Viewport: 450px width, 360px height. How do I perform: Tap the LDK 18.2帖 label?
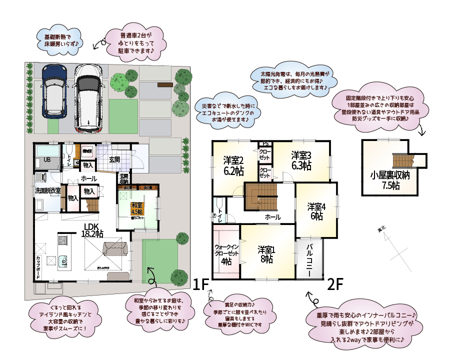tap(92, 229)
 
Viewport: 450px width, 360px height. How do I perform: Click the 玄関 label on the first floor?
tap(114, 160)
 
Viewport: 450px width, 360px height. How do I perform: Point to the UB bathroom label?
tap(47, 160)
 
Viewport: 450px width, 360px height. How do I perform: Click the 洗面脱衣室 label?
tap(47, 190)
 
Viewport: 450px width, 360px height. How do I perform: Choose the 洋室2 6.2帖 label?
tap(233, 165)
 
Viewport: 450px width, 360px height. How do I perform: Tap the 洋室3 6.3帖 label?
tap(302, 160)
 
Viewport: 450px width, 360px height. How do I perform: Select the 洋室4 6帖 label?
tap(316, 211)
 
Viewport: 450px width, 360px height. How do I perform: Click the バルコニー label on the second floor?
tap(309, 260)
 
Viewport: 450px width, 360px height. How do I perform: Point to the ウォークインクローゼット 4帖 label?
tap(226, 254)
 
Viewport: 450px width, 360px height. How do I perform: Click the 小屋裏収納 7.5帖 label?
tap(390, 180)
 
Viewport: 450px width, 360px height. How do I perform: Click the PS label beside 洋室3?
tap(265, 144)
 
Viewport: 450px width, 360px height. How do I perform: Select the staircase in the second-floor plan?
tap(260, 196)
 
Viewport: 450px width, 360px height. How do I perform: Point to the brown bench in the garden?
tap(164, 84)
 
